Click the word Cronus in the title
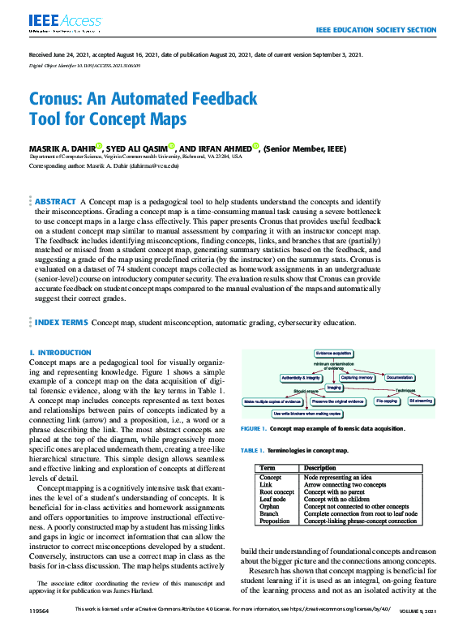[x=59, y=100]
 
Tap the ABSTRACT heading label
[x=56, y=200]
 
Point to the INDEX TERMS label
[x=61, y=322]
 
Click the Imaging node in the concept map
[x=334, y=388]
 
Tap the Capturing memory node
[x=356, y=378]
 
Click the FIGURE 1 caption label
[x=254, y=427]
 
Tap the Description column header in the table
[x=319, y=468]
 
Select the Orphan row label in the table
[x=269, y=506]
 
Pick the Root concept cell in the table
[x=276, y=491]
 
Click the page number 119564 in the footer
[x=40, y=609]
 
